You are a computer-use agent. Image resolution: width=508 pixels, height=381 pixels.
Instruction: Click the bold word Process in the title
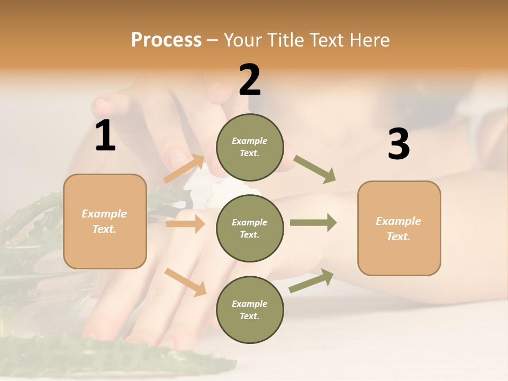pyautogui.click(x=166, y=40)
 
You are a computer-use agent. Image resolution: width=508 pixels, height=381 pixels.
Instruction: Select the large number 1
pyautogui.click(x=105, y=136)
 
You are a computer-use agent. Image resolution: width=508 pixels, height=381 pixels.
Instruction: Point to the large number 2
pyautogui.click(x=250, y=80)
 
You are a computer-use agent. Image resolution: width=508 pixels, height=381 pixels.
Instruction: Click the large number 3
pyautogui.click(x=398, y=144)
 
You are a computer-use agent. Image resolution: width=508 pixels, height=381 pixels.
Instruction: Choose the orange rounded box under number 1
pyautogui.click(x=105, y=221)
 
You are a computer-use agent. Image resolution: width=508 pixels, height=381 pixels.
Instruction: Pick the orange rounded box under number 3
pyautogui.click(x=399, y=228)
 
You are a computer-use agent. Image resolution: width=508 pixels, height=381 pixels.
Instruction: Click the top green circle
pyautogui.click(x=250, y=147)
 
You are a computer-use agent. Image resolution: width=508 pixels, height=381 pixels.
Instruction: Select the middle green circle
pyautogui.click(x=250, y=228)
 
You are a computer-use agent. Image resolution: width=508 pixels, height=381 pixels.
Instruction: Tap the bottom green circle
pyautogui.click(x=250, y=310)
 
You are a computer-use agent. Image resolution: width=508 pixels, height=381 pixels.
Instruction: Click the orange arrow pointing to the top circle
pyautogui.click(x=184, y=169)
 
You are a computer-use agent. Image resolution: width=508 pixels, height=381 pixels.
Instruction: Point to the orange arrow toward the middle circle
pyautogui.click(x=185, y=224)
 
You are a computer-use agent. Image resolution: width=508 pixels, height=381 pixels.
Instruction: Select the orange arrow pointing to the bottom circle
pyautogui.click(x=185, y=282)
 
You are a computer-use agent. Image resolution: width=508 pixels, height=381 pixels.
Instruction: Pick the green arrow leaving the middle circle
pyautogui.click(x=313, y=223)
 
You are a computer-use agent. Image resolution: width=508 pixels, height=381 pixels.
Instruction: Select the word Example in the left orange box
pyautogui.click(x=104, y=214)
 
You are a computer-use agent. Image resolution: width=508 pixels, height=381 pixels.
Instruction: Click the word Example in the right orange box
pyautogui.click(x=398, y=221)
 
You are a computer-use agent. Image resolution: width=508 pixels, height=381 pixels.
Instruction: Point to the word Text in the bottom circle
pyautogui.click(x=249, y=316)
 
